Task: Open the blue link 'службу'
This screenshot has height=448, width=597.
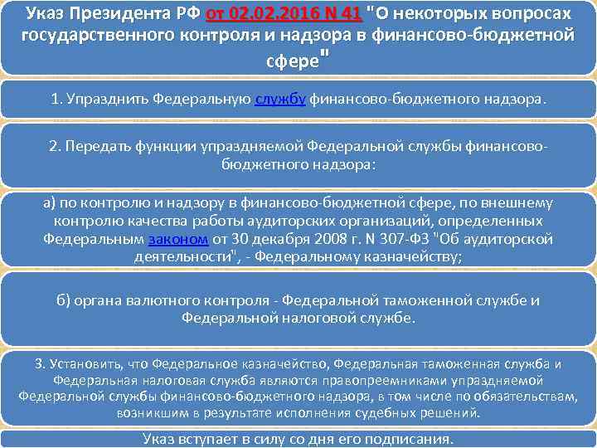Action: tap(280, 100)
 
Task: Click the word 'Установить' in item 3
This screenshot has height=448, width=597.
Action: tap(85, 363)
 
